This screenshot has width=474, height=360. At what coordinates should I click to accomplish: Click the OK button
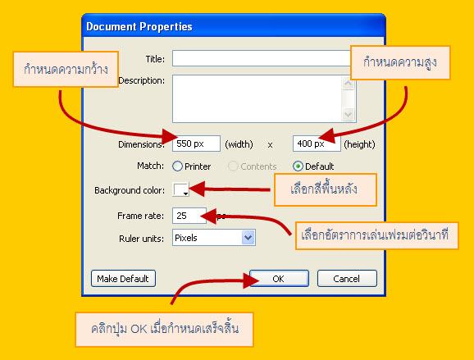(279, 278)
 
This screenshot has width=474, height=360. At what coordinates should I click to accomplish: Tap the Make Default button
(123, 278)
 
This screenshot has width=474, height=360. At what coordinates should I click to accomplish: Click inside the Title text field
(261, 58)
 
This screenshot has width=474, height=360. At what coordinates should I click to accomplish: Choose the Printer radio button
(177, 166)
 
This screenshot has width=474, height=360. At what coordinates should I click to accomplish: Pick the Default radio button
(298, 166)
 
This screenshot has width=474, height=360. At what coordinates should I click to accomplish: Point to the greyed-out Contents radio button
(233, 166)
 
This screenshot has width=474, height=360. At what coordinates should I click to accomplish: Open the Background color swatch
(180, 189)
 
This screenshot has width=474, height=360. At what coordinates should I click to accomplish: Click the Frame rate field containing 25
(189, 216)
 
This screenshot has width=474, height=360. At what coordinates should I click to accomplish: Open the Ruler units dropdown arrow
(248, 238)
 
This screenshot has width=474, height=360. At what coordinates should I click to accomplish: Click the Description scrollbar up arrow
(348, 83)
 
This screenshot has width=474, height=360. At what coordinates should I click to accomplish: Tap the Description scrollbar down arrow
(348, 114)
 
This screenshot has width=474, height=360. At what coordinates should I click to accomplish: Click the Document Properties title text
(139, 26)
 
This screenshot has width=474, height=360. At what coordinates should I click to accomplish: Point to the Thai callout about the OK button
(164, 330)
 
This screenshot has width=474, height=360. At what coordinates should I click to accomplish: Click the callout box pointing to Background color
(326, 189)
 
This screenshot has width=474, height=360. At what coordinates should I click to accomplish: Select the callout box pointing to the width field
(66, 69)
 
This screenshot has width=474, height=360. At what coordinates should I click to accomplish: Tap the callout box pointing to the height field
(400, 62)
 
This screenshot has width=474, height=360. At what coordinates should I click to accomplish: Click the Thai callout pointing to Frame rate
(376, 236)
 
